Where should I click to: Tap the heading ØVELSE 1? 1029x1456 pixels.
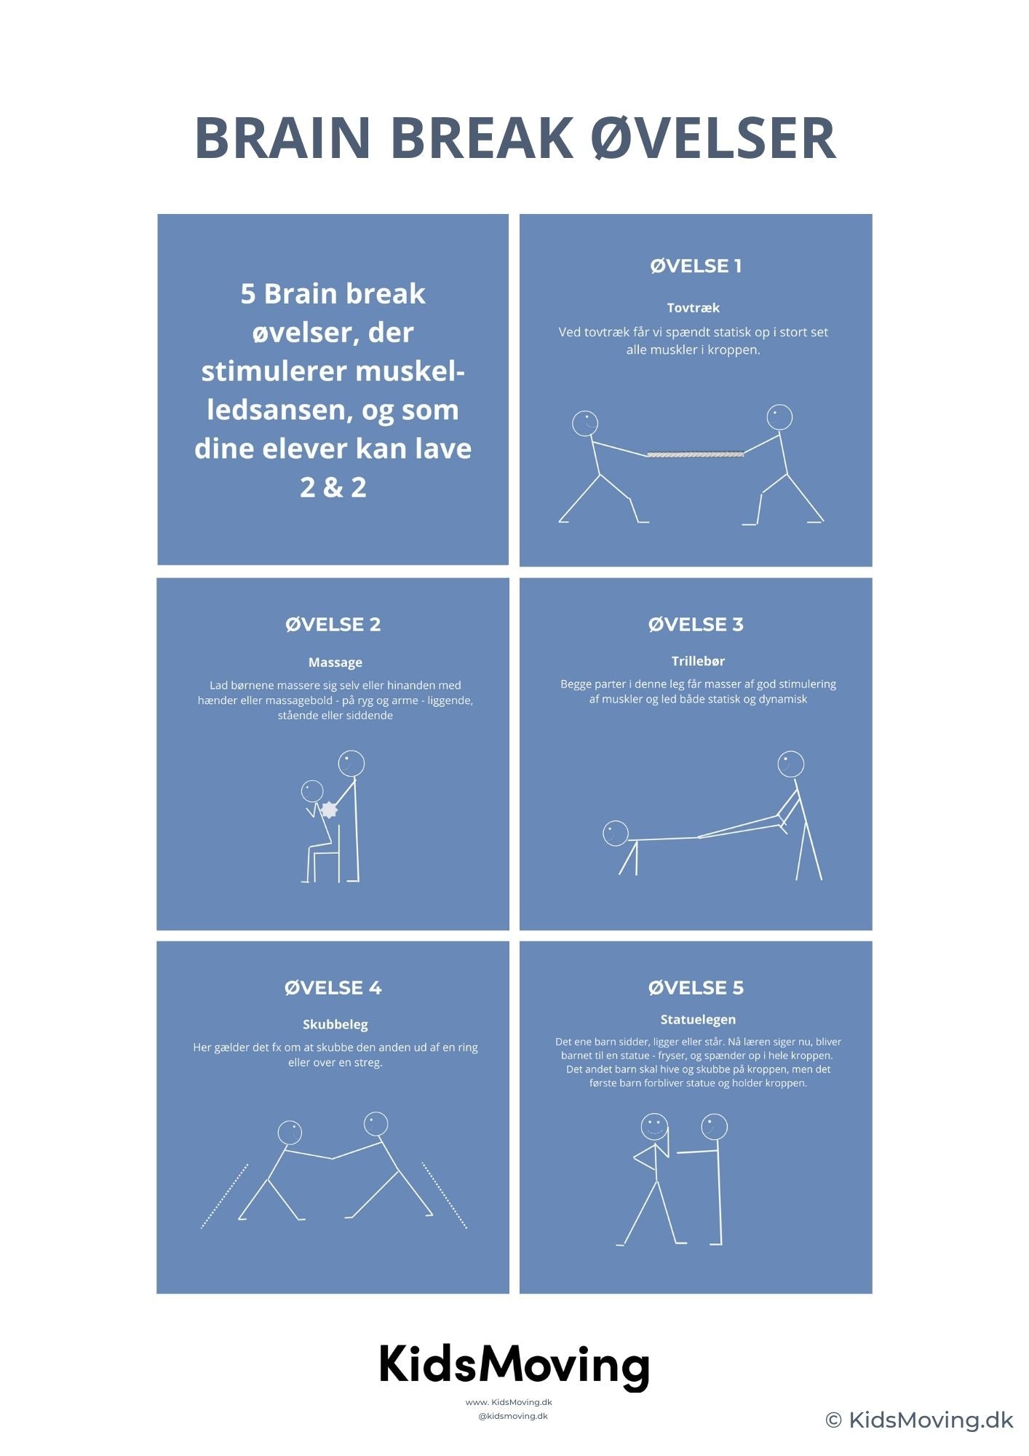click(x=696, y=266)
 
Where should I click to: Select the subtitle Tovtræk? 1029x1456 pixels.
click(x=693, y=307)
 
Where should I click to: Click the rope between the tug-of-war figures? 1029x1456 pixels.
click(x=696, y=454)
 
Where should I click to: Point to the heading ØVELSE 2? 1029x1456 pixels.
click(x=333, y=624)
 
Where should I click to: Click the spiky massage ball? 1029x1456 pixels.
click(x=330, y=809)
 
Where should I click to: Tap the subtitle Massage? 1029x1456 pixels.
click(x=335, y=662)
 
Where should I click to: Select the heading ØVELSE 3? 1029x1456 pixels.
click(x=696, y=624)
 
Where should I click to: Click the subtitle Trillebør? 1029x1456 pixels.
click(x=698, y=660)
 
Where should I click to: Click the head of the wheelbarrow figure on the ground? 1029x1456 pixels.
click(x=616, y=833)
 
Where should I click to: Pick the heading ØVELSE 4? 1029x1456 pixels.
click(x=333, y=987)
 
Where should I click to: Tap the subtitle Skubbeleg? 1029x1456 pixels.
click(x=335, y=1024)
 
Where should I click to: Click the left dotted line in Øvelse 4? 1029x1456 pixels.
click(x=224, y=1196)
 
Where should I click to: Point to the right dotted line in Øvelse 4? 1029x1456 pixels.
click(x=445, y=1195)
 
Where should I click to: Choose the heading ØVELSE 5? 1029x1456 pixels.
click(x=696, y=987)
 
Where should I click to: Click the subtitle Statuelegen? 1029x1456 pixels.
click(x=698, y=1019)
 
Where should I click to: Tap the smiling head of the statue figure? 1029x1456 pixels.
click(x=654, y=1126)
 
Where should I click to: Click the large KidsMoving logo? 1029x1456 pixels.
click(x=514, y=1366)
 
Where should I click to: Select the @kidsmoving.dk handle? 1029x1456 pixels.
click(x=513, y=1416)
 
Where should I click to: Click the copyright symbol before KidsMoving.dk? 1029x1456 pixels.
click(x=834, y=1420)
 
